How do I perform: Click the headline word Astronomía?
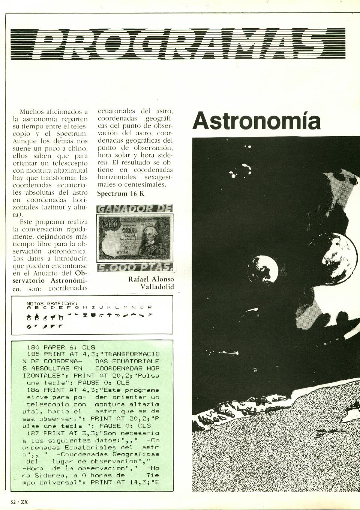point(257,121)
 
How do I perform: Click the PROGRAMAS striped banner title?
point(178,44)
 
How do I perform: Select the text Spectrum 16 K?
point(120,194)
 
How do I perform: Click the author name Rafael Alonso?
point(151,279)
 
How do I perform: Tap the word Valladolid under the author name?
point(157,287)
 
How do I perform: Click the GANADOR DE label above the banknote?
point(135,209)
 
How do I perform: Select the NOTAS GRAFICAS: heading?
point(52,303)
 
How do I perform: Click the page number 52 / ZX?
point(19,502)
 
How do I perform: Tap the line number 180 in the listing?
point(33,348)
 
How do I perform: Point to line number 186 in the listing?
point(33,390)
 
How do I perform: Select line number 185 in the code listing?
point(33,354)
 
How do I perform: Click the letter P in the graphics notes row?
point(149,307)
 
